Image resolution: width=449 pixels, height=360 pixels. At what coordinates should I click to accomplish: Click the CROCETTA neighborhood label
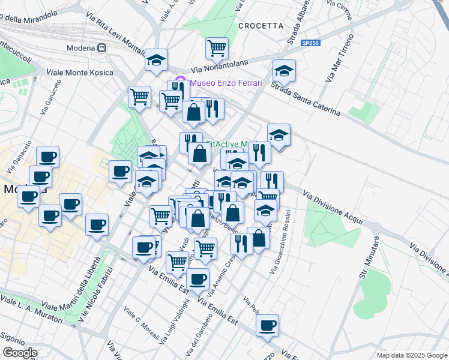(x=260, y=26)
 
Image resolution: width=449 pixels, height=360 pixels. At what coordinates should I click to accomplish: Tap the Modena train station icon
(x=103, y=48)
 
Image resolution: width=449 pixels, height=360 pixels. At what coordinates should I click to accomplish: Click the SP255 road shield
(x=312, y=44)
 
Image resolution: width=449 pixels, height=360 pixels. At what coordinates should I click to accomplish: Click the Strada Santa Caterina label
(x=305, y=100)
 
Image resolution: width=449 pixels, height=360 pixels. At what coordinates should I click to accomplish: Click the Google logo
(x=19, y=353)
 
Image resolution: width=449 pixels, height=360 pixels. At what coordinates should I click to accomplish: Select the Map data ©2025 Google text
(x=411, y=355)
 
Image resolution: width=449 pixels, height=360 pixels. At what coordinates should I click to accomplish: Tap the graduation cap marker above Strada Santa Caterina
(x=284, y=71)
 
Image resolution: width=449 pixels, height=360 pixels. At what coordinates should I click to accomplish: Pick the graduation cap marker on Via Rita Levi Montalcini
(x=157, y=60)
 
